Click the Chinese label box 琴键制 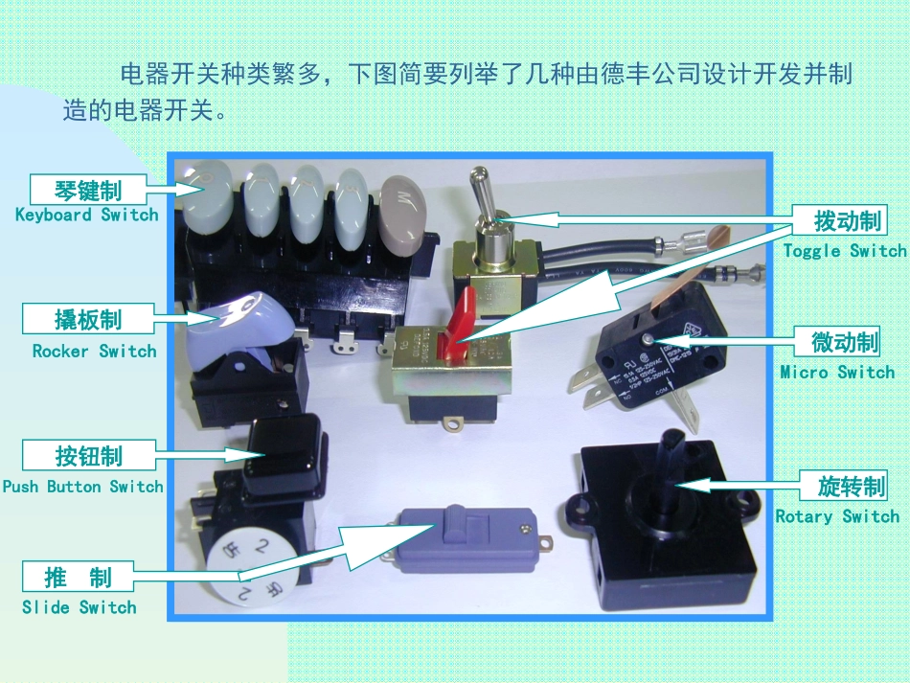87,189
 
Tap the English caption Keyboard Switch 86,215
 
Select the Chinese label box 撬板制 87,318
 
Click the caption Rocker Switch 94,351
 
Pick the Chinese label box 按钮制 87,454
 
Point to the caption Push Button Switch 83,487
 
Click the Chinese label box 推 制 79,577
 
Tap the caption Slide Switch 80,607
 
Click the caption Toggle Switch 844,251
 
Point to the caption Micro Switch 837,372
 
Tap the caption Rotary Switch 837,516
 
